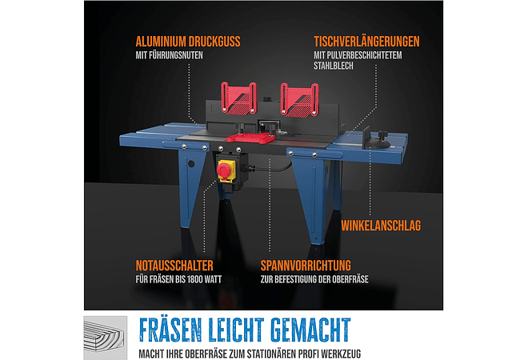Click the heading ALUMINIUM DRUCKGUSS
tap(188, 42)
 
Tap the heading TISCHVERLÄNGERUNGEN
tap(366, 42)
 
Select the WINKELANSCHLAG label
tap(381, 226)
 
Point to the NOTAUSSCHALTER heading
tap(174, 266)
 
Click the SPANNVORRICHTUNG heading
tap(306, 266)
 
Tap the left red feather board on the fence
tap(238, 98)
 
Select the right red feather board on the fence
tap(299, 99)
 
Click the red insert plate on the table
tap(250, 138)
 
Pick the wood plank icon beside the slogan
tap(106, 338)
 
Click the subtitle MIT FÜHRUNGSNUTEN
tap(169, 55)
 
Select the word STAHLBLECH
tap(334, 66)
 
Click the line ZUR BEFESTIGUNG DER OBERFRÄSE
tap(314, 279)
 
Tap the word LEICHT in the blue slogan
tap(237, 330)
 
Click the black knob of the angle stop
tap(382, 134)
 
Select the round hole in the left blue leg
tap(191, 164)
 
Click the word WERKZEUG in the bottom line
tap(341, 354)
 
